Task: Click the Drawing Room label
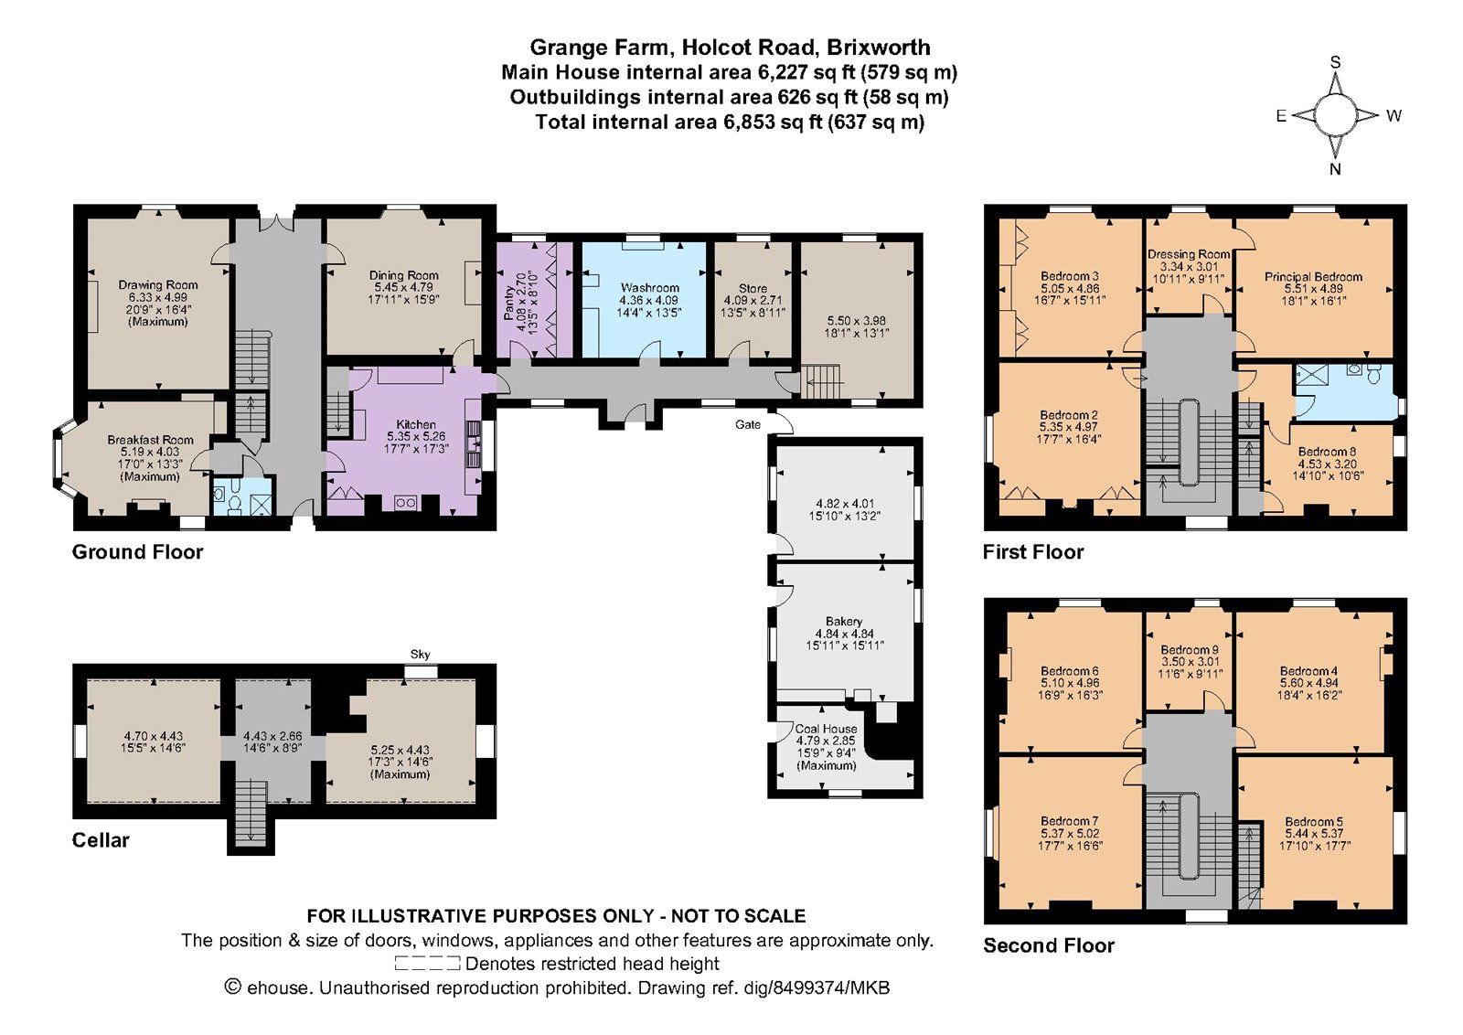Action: (158, 284)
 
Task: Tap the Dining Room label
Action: (403, 275)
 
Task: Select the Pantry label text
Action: (509, 303)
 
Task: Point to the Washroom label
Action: (650, 287)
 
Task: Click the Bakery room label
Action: (844, 621)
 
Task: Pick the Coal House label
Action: (827, 728)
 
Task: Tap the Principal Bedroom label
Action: (1313, 277)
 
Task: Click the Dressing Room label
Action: (1189, 254)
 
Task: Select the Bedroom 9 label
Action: (1190, 650)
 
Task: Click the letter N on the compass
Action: (1336, 169)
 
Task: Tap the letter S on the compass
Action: (1336, 62)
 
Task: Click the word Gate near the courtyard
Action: (748, 424)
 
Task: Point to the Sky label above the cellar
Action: (420, 655)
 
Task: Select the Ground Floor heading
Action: (137, 551)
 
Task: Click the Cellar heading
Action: (101, 839)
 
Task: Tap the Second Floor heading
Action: (1048, 945)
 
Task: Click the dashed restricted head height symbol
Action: (428, 963)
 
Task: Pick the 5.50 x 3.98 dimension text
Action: (857, 321)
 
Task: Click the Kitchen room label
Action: (416, 424)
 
